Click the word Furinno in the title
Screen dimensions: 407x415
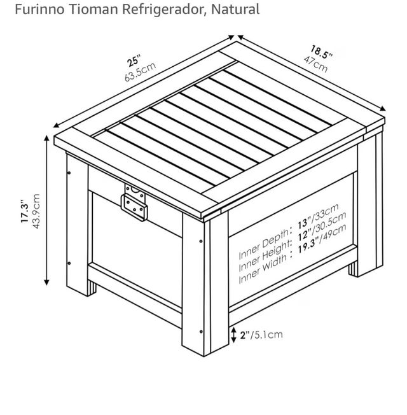(x=39, y=9)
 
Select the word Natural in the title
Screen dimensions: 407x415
(x=235, y=9)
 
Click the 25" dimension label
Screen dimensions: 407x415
(x=134, y=60)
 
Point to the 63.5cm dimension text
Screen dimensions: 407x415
(x=140, y=72)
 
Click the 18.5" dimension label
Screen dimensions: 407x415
(x=321, y=52)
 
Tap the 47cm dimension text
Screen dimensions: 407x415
(x=316, y=64)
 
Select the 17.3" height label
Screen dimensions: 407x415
(x=25, y=212)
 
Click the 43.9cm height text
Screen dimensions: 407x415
(x=36, y=211)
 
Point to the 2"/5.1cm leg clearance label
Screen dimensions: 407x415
(x=261, y=335)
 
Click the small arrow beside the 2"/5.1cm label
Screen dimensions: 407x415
(x=233, y=335)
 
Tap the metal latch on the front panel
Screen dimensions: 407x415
(x=135, y=202)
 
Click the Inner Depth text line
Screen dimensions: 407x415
(x=289, y=231)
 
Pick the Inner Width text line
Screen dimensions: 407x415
(x=293, y=253)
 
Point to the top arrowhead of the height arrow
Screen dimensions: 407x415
(x=47, y=138)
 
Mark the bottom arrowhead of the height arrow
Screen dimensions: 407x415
(x=47, y=283)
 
